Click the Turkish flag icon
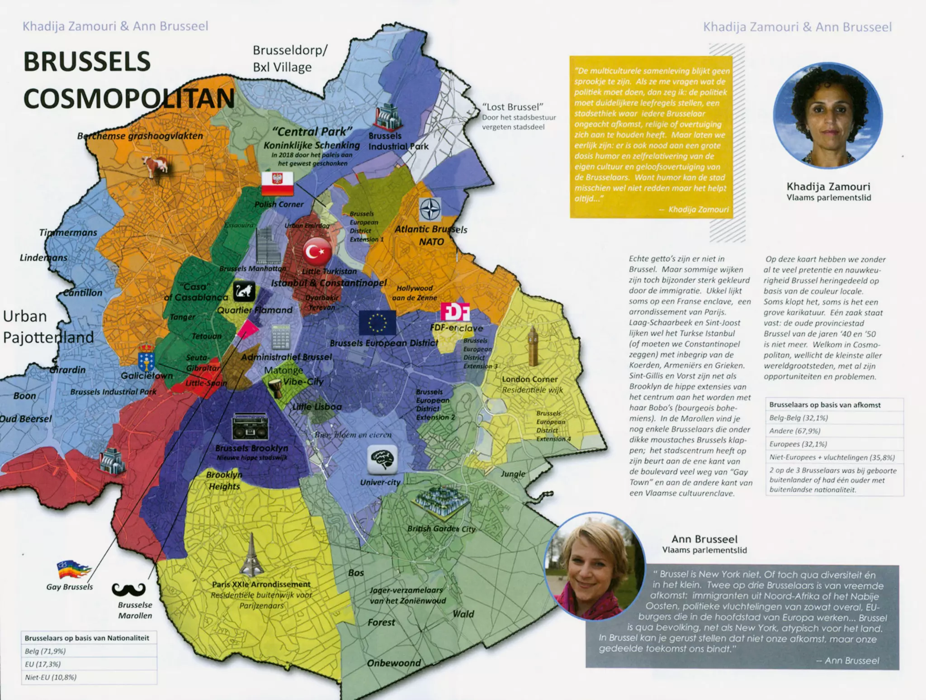point(317,252)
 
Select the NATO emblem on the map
point(430,209)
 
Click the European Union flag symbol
point(377,323)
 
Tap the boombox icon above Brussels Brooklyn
point(250,426)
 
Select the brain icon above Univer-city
point(383,460)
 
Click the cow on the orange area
point(155,166)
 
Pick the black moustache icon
point(129,589)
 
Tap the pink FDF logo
point(454,312)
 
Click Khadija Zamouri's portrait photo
point(828,116)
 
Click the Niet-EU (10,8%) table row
point(89,677)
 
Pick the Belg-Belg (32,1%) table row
point(834,418)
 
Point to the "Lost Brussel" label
point(513,107)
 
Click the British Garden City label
point(441,529)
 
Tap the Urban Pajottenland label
point(48,326)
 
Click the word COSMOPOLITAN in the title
point(129,98)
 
